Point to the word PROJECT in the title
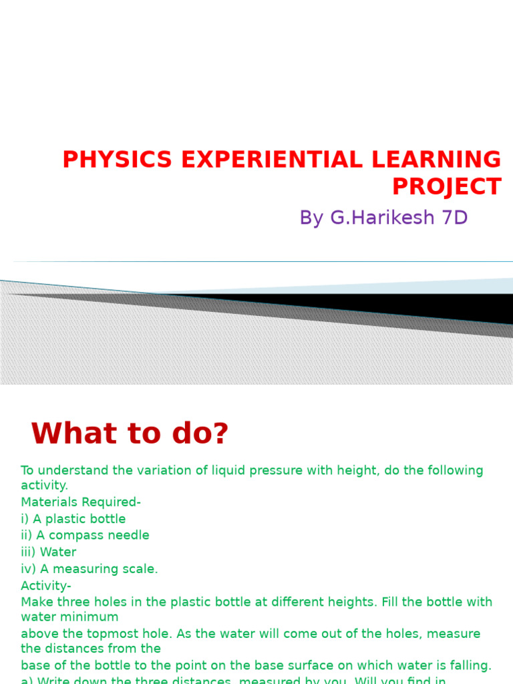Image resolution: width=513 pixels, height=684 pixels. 446,186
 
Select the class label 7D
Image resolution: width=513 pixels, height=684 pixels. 453,218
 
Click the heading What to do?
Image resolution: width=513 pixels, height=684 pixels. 130,434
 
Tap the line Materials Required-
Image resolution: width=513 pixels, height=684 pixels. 81,502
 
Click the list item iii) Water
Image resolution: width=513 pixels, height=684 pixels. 49,552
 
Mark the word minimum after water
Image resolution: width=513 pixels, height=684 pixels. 90,617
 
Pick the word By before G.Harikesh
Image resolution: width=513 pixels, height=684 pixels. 311,218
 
